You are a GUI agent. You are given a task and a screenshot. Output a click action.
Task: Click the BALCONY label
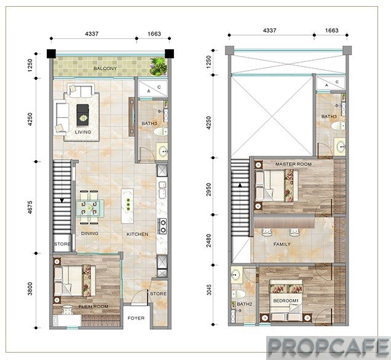[x=105, y=69]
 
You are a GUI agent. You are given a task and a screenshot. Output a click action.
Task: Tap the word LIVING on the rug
[x=83, y=132]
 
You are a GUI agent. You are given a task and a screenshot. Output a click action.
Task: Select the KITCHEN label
[x=137, y=234]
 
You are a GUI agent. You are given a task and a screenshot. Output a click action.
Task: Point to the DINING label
[x=90, y=233]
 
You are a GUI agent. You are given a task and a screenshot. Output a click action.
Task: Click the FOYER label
[x=136, y=318]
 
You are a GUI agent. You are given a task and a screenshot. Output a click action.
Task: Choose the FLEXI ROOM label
[x=93, y=307]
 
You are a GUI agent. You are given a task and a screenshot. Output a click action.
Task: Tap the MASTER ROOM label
[x=293, y=164]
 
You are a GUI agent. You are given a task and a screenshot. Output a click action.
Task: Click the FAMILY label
[x=282, y=245]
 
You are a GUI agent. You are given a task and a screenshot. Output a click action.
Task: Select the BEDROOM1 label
[x=286, y=300]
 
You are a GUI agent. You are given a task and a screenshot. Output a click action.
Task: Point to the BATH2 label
[x=245, y=304]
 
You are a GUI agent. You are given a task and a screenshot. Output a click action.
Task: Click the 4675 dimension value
[x=30, y=207]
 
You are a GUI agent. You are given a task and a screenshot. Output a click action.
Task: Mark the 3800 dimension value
[x=30, y=289]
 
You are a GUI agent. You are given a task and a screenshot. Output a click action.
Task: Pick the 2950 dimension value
[x=208, y=189]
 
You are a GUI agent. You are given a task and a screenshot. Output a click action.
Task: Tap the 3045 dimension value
[x=208, y=290]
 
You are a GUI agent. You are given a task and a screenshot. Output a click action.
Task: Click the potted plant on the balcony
[x=158, y=66]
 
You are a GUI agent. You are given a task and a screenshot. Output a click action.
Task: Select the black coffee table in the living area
[x=82, y=115]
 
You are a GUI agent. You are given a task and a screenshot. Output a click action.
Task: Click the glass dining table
[x=90, y=208]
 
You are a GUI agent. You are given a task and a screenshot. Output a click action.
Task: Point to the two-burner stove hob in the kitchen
[x=163, y=226]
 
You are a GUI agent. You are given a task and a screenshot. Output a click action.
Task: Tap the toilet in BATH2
[x=238, y=294]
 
